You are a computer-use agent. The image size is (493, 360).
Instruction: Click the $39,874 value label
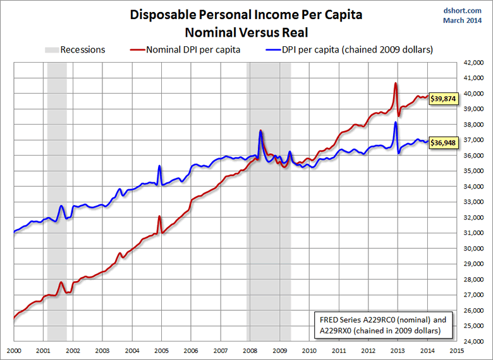coord(443,99)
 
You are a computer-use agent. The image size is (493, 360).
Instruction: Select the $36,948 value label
coord(443,143)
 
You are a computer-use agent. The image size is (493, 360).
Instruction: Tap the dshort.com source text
coord(468,11)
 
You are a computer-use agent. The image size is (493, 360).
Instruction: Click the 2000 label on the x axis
coord(13,350)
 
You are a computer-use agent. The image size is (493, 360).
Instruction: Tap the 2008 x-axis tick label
coord(250,350)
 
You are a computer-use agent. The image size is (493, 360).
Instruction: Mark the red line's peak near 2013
coord(396,84)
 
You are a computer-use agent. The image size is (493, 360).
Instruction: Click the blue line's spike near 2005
coord(159,166)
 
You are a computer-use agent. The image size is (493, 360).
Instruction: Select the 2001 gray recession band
coord(57,190)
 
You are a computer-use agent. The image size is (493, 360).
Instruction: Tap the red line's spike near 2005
coord(159,217)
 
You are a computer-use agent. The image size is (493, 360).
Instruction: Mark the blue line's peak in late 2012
coord(396,123)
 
